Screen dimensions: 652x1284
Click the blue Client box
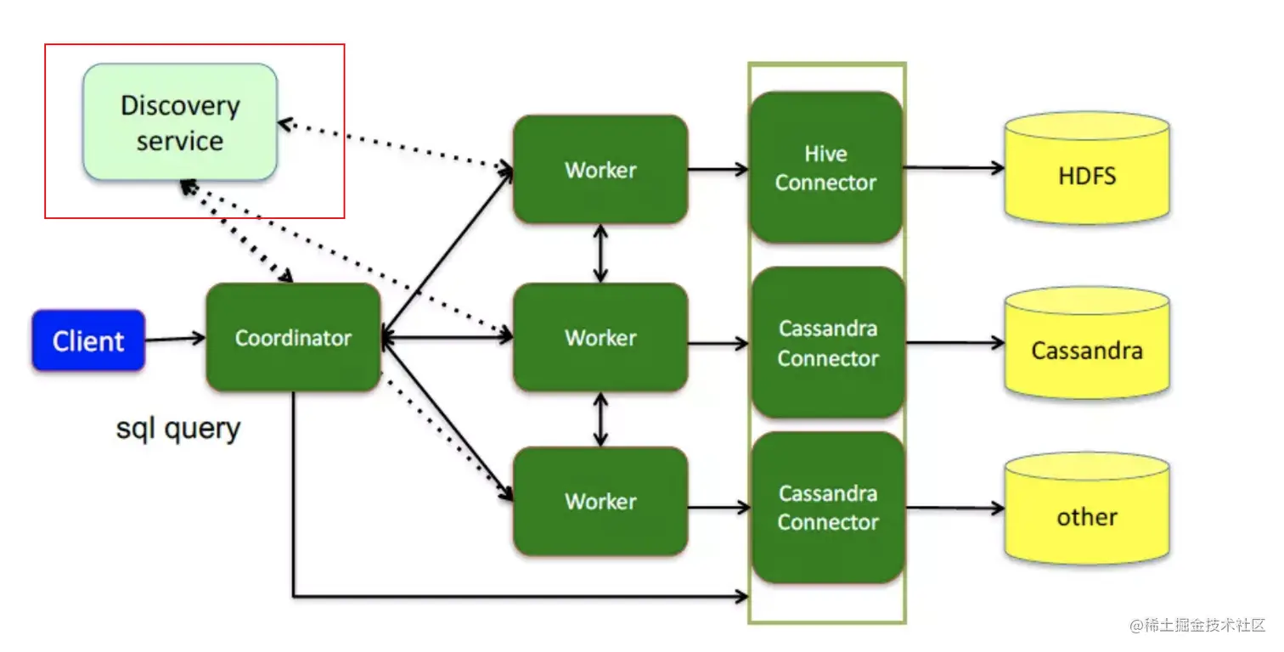(88, 341)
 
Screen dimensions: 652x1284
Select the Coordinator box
(293, 338)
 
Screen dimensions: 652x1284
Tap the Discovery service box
(180, 122)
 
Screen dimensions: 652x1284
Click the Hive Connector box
(825, 168)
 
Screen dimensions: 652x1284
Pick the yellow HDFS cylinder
(1087, 177)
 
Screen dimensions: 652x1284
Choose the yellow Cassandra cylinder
(1087, 350)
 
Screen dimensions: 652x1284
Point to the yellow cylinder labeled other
(1087, 516)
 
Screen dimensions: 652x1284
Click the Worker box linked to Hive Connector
(600, 170)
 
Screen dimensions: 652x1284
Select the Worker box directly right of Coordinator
(600, 338)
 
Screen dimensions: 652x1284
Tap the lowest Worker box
(600, 501)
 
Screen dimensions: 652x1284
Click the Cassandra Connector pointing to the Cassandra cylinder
(827, 343)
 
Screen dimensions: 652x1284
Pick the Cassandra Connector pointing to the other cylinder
(827, 508)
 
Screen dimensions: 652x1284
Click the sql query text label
(178, 429)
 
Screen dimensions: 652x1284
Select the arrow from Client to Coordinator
(175, 340)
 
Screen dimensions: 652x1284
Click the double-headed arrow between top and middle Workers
(601, 253)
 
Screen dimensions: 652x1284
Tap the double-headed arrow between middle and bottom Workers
(601, 419)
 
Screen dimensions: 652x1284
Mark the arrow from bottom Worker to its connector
(718, 509)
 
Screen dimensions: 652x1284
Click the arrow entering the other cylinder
(955, 509)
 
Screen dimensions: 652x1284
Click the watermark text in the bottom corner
(1197, 626)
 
